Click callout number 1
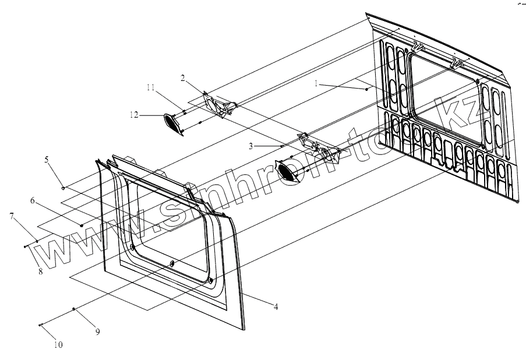pos(316,83)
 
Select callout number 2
pos(182,78)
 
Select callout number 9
pos(98,331)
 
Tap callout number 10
pos(58,344)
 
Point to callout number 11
pos(150,87)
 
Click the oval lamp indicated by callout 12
pos(172,123)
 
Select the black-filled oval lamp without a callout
pos(287,171)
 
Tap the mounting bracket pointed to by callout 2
pos(218,105)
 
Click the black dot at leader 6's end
pos(82,225)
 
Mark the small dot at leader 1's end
pos(366,89)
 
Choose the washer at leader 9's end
pos(73,309)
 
